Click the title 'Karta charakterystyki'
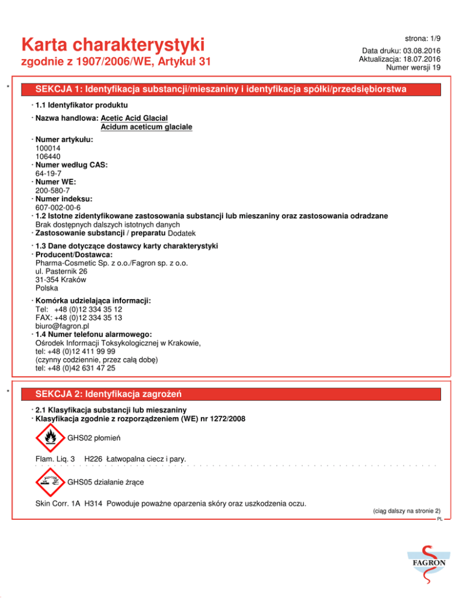pyautogui.click(x=112, y=45)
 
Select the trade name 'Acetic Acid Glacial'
pyautogui.click(x=134, y=118)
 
